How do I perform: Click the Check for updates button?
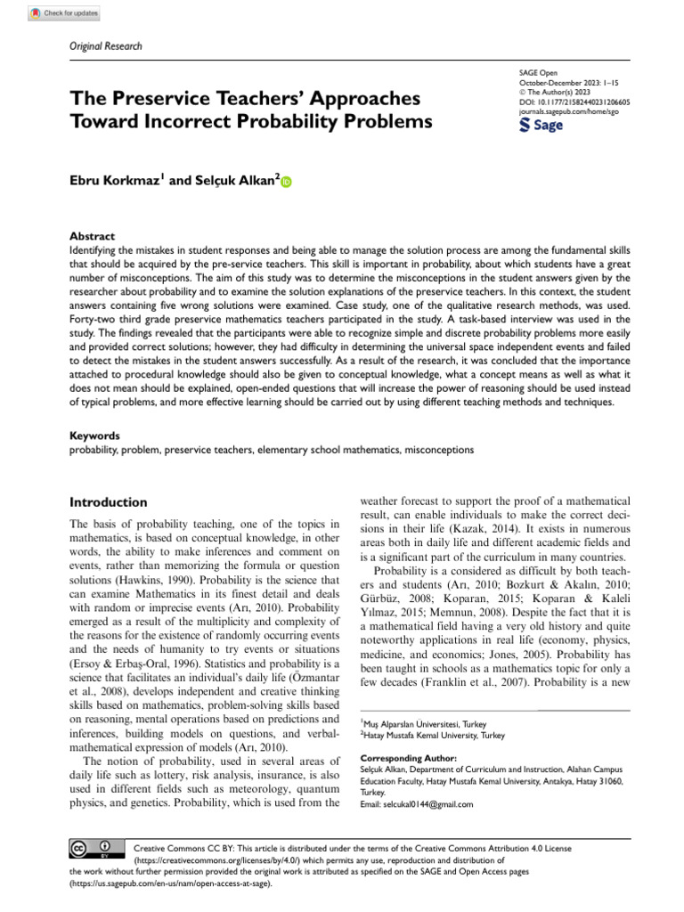pyautogui.click(x=64, y=14)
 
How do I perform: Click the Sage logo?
pyautogui.click(x=541, y=126)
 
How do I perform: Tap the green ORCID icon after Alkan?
pyautogui.click(x=286, y=182)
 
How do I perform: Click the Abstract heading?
pyautogui.click(x=92, y=236)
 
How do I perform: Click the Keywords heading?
pyautogui.click(x=95, y=437)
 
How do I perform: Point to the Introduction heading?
pyautogui.click(x=109, y=502)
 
